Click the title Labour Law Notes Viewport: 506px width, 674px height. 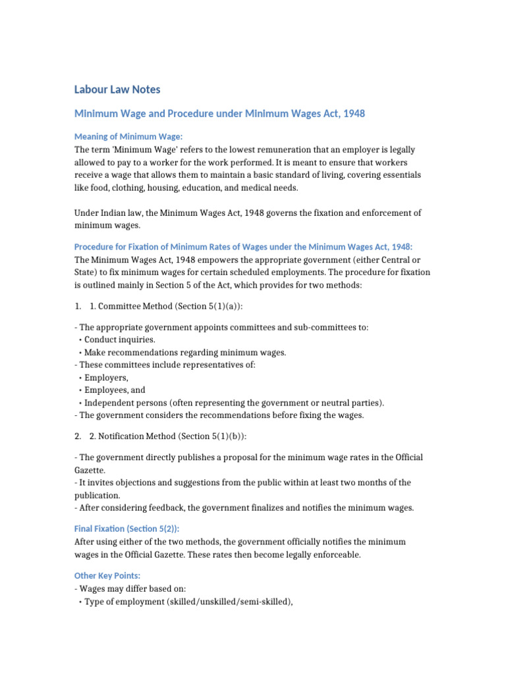(x=117, y=89)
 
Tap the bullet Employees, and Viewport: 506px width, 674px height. (x=115, y=390)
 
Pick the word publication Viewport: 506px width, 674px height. (x=98, y=495)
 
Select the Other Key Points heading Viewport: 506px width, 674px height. (x=107, y=575)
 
